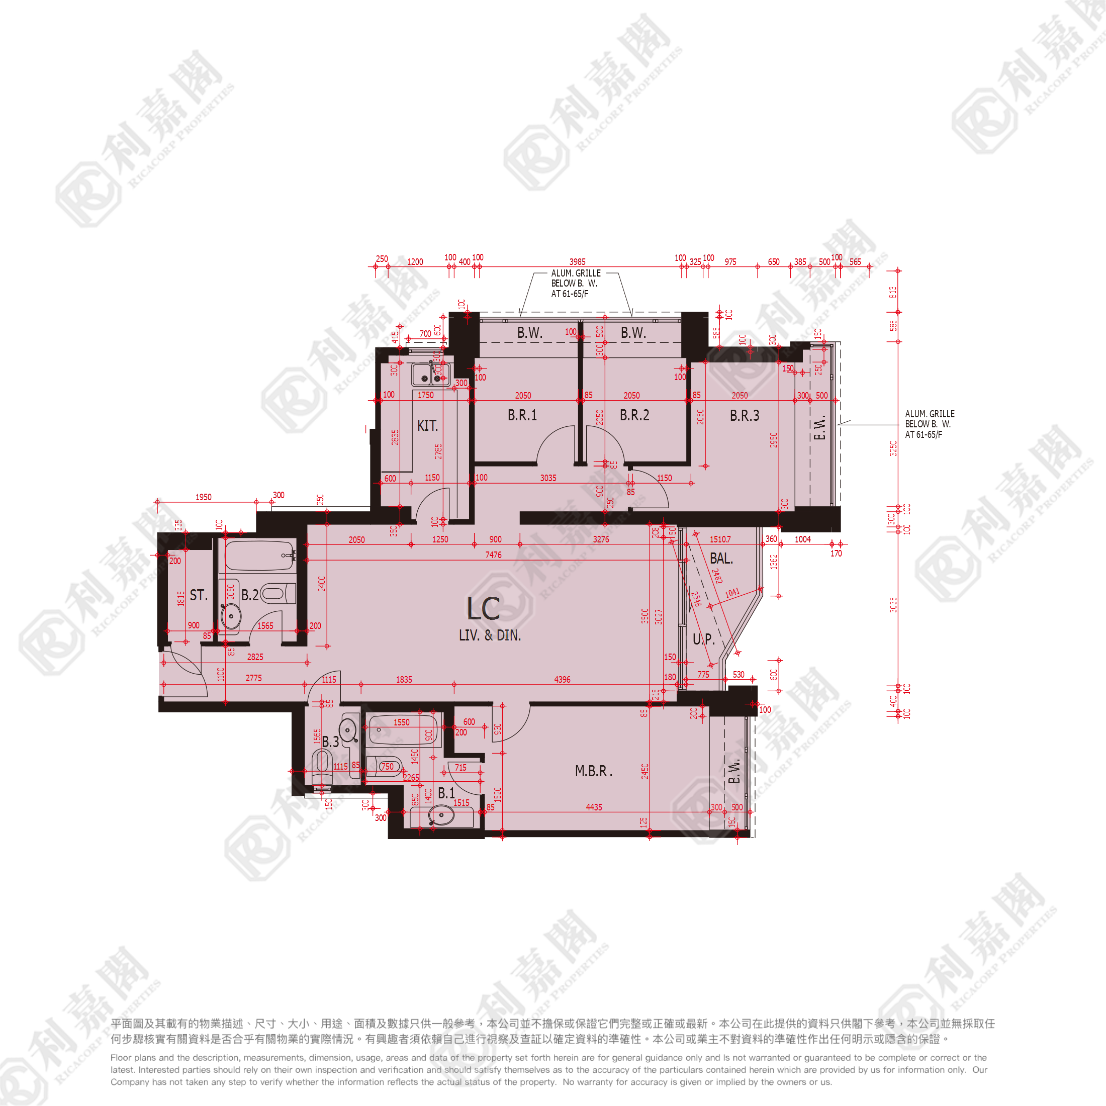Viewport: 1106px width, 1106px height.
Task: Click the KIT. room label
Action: [427, 426]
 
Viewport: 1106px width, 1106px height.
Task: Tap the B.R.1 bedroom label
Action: [522, 415]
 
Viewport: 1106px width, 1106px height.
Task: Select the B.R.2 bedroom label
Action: [634, 415]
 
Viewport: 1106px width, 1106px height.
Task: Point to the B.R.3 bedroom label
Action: [744, 416]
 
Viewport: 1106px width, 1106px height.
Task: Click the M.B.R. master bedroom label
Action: [593, 771]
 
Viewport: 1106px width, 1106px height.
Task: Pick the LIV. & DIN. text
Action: [490, 635]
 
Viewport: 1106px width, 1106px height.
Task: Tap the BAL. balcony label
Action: [721, 558]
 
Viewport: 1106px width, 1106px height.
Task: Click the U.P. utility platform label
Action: [703, 639]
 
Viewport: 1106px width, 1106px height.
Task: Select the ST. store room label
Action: [198, 595]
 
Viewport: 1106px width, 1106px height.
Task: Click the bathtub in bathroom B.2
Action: [259, 556]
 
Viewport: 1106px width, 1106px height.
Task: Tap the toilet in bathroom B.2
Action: [278, 594]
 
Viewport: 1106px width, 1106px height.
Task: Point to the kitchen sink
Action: [430, 375]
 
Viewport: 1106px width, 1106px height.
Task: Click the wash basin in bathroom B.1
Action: [441, 815]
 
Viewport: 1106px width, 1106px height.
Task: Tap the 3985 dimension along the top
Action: [577, 261]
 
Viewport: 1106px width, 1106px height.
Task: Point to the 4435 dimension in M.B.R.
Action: [594, 807]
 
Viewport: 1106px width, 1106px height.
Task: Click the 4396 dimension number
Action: [562, 680]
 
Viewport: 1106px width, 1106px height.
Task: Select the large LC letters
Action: [483, 609]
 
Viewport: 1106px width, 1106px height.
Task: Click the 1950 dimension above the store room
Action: [203, 497]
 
